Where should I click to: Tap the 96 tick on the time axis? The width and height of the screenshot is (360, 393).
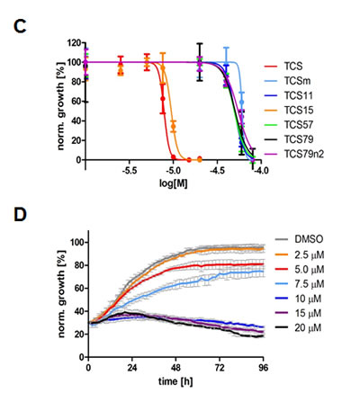click(x=264, y=370)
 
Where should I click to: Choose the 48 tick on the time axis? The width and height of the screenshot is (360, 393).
click(x=175, y=370)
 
